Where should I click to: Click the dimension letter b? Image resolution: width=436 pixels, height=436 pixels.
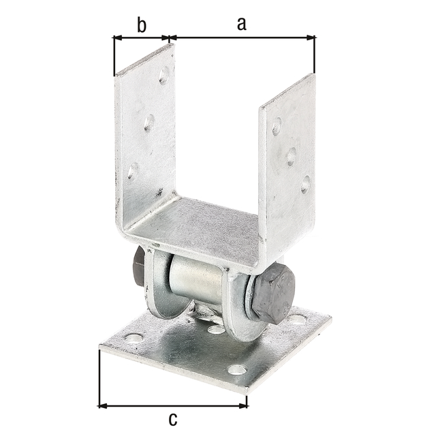(x=141, y=25)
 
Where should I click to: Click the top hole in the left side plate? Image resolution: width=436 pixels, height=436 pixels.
(x=164, y=76)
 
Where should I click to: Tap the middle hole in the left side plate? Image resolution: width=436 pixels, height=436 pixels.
(x=149, y=123)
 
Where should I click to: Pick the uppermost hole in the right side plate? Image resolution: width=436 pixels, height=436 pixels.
(x=277, y=126)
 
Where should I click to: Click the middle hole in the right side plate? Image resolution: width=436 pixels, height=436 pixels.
(x=291, y=156)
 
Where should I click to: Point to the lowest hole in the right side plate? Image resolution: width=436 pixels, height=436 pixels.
(x=305, y=184)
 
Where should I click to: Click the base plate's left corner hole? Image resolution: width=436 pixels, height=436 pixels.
(x=134, y=337)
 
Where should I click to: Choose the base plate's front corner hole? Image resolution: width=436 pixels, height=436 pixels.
(x=237, y=370)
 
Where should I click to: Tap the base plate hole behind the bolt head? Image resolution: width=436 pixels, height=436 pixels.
(x=297, y=318)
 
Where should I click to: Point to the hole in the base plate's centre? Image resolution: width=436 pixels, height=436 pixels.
(x=216, y=330)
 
